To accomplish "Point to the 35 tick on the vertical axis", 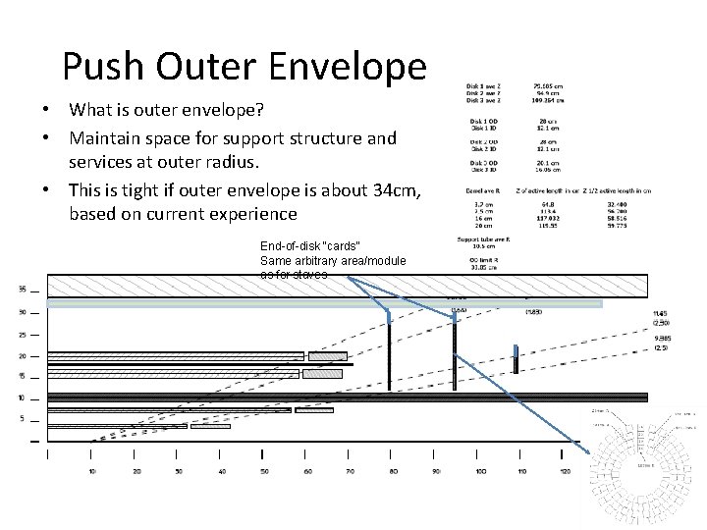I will pyautogui.click(x=22, y=289).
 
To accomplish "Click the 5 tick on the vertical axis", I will pyautogui.click(x=22, y=420).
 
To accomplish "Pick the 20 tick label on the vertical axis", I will pyautogui.click(x=22, y=355).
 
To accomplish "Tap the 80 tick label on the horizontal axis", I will pyautogui.click(x=392, y=472).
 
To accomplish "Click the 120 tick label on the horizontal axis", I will pyautogui.click(x=564, y=472).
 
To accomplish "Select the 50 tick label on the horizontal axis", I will pyautogui.click(x=264, y=472).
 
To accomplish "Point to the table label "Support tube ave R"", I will pyautogui.click(x=480, y=239).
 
